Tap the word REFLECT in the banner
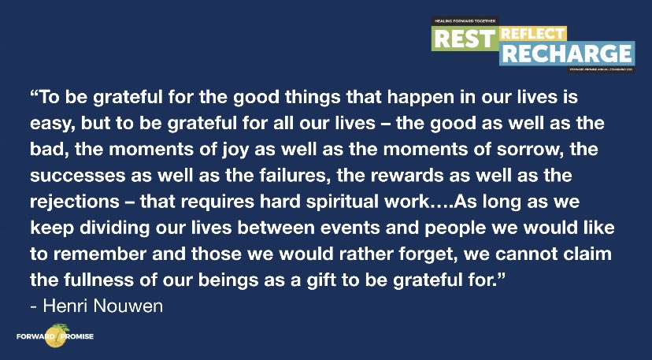click(532, 33)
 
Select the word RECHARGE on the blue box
click(566, 54)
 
